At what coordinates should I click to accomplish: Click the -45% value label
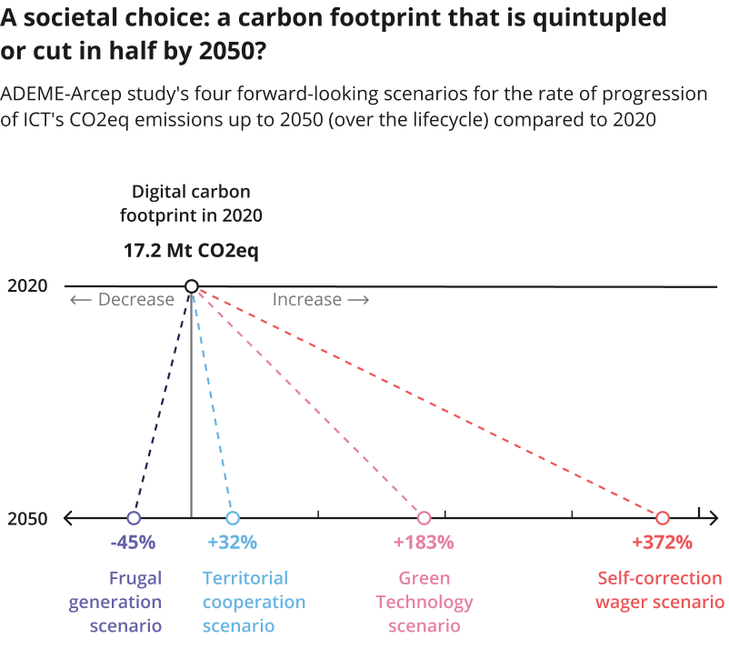(x=134, y=543)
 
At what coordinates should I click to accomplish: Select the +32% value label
(x=233, y=543)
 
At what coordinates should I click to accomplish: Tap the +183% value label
(x=424, y=543)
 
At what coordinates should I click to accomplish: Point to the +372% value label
(x=662, y=543)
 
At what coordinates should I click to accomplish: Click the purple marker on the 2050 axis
(x=134, y=518)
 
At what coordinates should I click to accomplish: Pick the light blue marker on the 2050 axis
(x=233, y=518)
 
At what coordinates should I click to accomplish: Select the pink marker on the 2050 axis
(x=424, y=518)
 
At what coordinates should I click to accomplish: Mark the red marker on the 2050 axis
(x=662, y=518)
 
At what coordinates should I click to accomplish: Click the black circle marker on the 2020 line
(x=191, y=286)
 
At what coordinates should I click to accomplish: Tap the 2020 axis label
(x=27, y=286)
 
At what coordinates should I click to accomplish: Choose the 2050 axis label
(x=27, y=519)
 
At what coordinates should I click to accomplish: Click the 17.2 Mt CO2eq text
(x=191, y=251)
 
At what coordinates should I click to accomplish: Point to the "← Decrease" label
(x=122, y=300)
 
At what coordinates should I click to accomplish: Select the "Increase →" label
(x=321, y=300)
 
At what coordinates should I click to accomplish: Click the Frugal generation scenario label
(x=135, y=602)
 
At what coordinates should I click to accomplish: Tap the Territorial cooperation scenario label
(x=254, y=602)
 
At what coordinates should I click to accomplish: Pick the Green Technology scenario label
(x=424, y=602)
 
